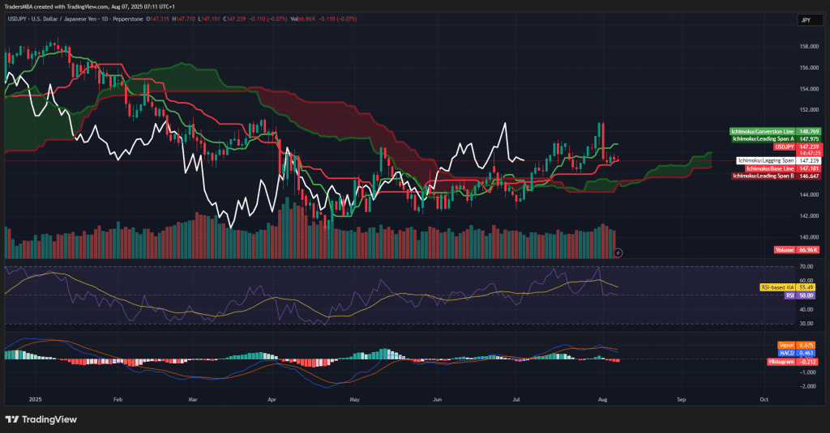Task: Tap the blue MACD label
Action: pyautogui.click(x=787, y=353)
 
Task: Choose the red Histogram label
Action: pyautogui.click(x=781, y=361)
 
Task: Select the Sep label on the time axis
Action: pyautogui.click(x=682, y=400)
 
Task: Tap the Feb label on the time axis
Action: pyautogui.click(x=118, y=400)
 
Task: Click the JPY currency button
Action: pyautogui.click(x=805, y=20)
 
